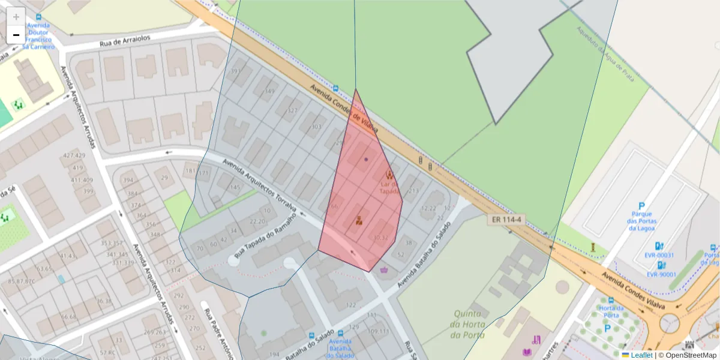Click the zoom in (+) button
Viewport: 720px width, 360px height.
coord(16,16)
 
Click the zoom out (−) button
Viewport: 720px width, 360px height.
coord(16,35)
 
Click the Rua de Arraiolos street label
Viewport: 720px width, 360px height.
coord(125,41)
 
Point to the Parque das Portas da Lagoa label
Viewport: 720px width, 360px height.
coord(641,220)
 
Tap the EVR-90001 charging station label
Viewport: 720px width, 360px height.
coord(661,275)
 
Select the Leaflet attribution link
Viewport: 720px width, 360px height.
coord(641,355)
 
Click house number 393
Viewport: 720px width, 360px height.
coord(236,71)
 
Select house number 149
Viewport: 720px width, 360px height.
coord(269,91)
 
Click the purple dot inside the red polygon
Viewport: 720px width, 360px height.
coord(366,159)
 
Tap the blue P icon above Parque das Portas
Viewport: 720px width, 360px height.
coord(641,206)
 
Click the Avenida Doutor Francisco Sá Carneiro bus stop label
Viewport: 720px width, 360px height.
coord(38,36)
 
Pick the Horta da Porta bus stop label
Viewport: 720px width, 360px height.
coord(611,311)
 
